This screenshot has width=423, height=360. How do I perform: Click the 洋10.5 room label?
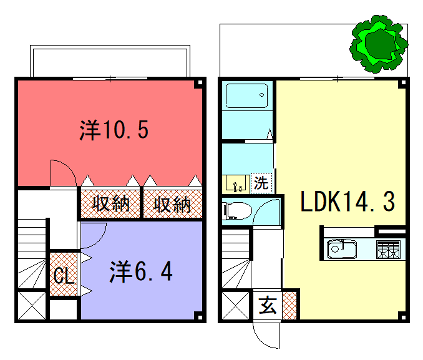(116, 129)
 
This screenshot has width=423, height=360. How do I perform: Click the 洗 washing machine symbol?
(261, 183)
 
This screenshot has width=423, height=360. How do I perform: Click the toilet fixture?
(236, 210)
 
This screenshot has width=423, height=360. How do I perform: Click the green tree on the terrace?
(376, 42)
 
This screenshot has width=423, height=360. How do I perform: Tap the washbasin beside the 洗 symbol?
(238, 185)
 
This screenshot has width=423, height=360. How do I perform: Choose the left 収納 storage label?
(109, 205)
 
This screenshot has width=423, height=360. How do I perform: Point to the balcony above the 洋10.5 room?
(109, 61)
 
